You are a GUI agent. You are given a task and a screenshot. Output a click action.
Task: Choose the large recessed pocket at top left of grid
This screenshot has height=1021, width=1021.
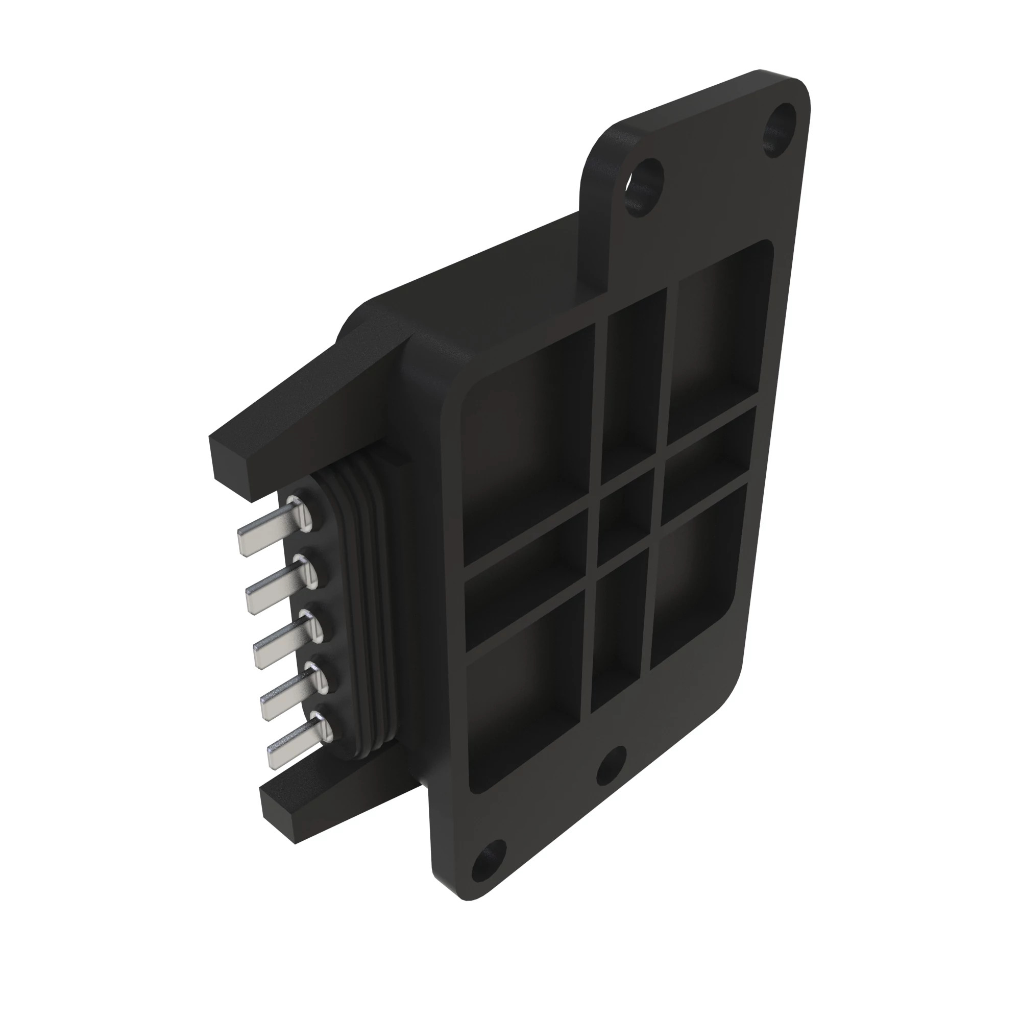point(528,444)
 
